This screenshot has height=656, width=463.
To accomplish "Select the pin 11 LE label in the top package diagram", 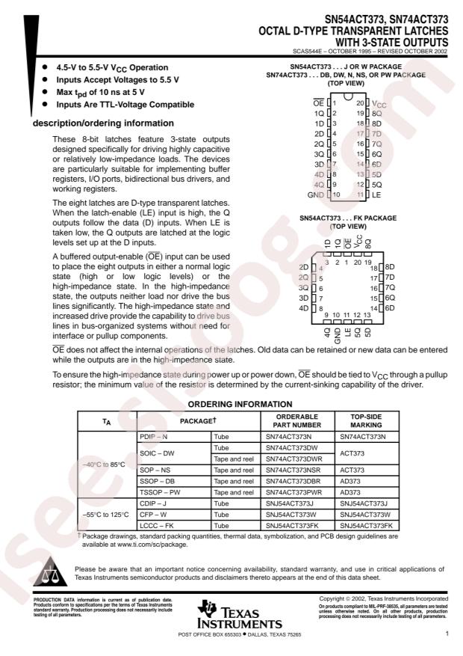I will (x=376, y=194).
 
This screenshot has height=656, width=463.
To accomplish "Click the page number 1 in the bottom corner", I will (x=445, y=634).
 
